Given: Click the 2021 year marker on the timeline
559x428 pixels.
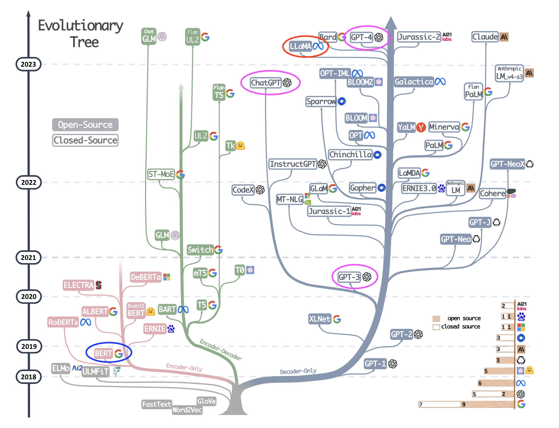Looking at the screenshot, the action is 28,258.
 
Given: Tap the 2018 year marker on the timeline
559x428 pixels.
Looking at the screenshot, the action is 28,377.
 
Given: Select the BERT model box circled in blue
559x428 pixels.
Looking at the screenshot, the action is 103,353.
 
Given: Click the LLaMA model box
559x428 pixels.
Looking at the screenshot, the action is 300,46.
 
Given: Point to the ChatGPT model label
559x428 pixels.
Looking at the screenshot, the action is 266,83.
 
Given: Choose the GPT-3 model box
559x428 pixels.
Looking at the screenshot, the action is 349,277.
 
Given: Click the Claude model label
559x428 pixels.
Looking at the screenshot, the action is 485,37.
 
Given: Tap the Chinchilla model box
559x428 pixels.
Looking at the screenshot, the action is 350,155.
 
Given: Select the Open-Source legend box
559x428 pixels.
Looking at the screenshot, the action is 85,125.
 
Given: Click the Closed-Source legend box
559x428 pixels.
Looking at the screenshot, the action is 85,140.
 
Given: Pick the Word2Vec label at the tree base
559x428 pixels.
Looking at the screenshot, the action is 187,410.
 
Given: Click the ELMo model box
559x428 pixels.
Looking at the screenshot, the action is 61,368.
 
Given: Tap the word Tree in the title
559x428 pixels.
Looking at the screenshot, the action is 84,42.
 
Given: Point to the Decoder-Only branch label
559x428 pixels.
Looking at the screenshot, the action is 298,371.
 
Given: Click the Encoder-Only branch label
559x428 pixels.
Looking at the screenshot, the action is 184,367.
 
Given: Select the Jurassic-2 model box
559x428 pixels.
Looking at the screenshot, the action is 419,37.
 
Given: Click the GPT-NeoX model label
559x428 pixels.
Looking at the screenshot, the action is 508,164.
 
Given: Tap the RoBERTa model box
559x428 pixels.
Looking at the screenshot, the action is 63,322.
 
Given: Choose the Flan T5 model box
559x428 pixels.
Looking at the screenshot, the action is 219,92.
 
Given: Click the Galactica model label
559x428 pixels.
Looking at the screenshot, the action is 414,82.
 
